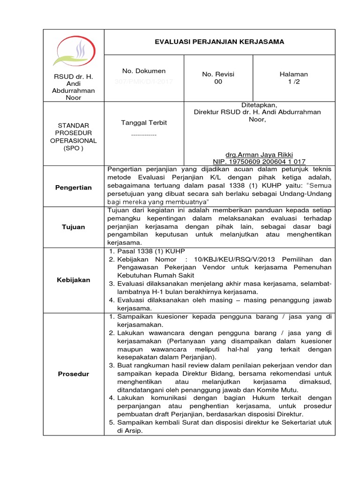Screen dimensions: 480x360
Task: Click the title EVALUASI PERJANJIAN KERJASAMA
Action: [219, 42]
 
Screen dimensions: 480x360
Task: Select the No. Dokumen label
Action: [144, 71]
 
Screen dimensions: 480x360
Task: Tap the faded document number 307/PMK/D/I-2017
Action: [144, 82]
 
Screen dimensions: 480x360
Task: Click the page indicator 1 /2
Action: [293, 82]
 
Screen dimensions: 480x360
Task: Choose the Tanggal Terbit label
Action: [144, 122]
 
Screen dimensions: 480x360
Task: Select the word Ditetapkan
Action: [257, 105]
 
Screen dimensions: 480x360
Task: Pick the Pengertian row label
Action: [73, 187]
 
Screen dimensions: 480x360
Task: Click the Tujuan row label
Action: [73, 227]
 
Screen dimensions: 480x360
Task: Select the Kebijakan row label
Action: [73, 280]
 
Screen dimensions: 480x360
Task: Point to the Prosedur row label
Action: [73, 374]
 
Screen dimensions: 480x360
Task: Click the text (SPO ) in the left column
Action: [73, 148]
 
